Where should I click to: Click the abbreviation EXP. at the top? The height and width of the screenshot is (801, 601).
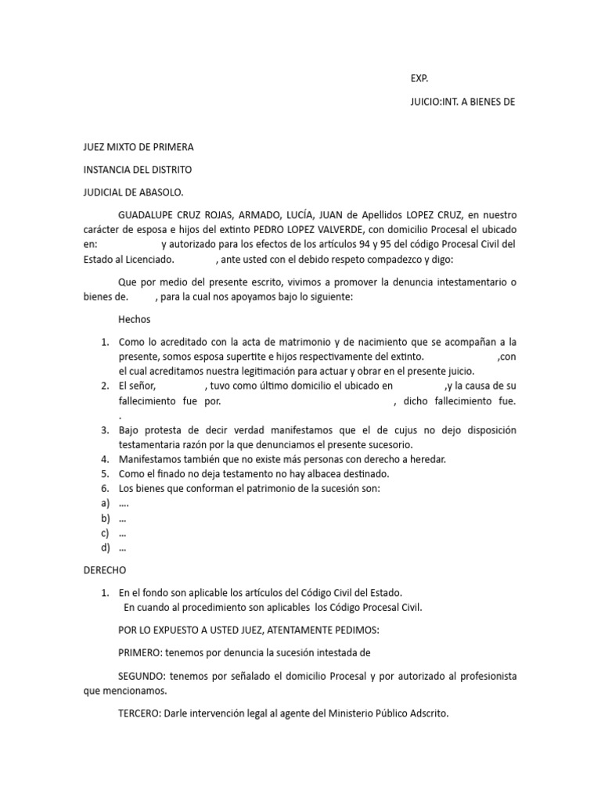tap(419, 78)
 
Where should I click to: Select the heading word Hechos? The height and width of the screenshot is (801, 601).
tap(134, 319)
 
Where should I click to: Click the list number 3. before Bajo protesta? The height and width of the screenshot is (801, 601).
tap(105, 430)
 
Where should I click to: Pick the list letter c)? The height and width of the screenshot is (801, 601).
tap(105, 533)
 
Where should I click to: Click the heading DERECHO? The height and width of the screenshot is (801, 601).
tap(105, 570)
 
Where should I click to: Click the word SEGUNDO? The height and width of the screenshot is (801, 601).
tap(142, 676)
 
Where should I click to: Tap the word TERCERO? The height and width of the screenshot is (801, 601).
tap(139, 713)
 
